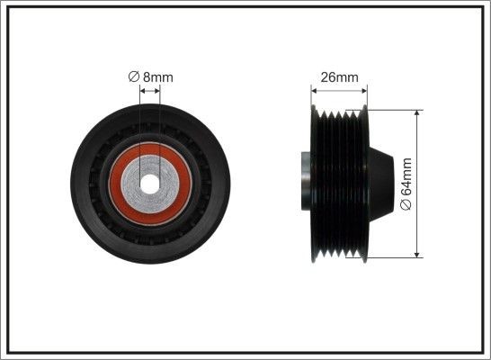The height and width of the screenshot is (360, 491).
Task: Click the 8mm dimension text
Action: pos(158,77)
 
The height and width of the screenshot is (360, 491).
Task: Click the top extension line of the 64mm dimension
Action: pos(396,109)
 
